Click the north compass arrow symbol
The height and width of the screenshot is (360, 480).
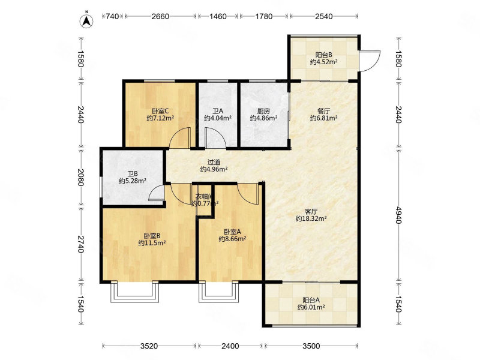(x=86, y=20)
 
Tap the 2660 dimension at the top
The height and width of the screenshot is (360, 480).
(x=160, y=16)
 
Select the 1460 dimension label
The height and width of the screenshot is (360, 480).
(x=218, y=16)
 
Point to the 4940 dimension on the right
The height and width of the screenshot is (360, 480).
(x=398, y=215)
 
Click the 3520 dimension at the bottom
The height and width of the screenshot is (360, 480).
(x=149, y=346)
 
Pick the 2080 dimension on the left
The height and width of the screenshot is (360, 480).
(x=80, y=177)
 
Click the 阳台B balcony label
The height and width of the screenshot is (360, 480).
(x=324, y=55)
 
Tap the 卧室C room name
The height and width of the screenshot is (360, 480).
(x=160, y=111)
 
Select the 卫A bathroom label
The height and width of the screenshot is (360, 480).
(x=218, y=111)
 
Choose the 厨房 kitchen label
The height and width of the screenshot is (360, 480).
(x=263, y=111)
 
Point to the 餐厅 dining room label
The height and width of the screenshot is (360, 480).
(x=324, y=111)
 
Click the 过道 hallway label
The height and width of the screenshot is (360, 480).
(x=214, y=162)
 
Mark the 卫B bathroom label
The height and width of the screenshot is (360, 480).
(x=133, y=174)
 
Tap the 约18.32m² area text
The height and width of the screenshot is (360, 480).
(x=311, y=218)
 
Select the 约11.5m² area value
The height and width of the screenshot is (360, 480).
(x=152, y=243)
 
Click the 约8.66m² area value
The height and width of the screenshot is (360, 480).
(x=233, y=239)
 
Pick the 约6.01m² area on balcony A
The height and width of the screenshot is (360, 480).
(x=311, y=307)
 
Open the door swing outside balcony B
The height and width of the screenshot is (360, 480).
(x=370, y=61)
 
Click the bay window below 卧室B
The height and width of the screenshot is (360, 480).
(x=135, y=292)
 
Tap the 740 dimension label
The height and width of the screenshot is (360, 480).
(x=112, y=16)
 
